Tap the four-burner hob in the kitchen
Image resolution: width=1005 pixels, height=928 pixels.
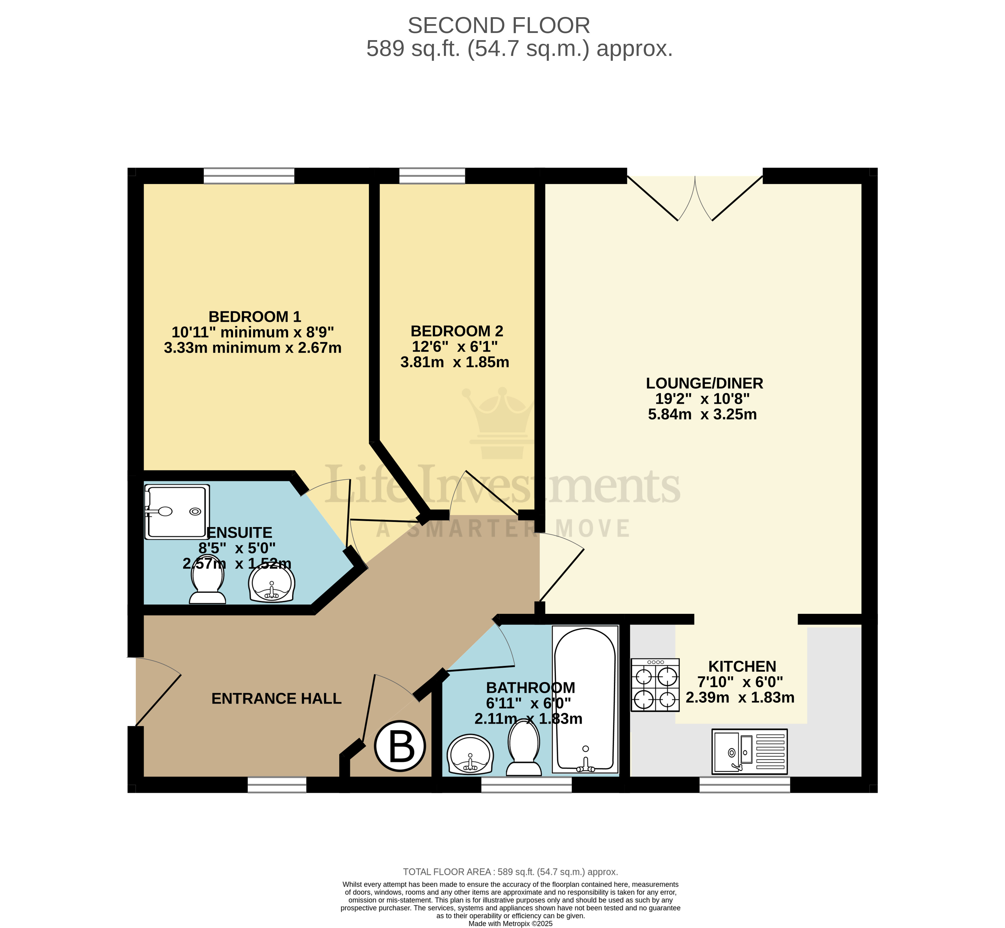[x=655, y=685]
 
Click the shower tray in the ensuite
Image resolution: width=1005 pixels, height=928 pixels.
[x=177, y=512]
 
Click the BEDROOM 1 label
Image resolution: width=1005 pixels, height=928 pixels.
[x=254, y=317]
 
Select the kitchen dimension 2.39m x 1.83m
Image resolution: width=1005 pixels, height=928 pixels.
[x=740, y=698]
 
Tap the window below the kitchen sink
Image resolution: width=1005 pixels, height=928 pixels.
[x=745, y=784]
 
